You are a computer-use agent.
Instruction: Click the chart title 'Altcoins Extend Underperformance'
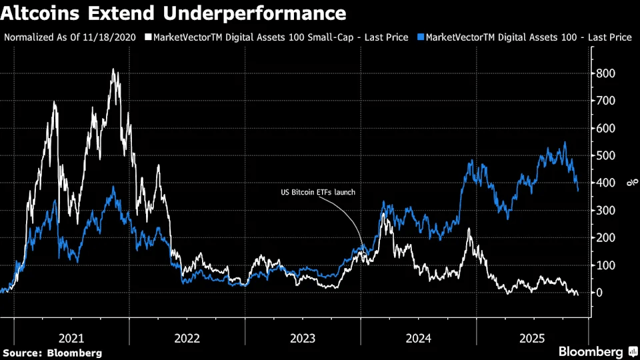175,13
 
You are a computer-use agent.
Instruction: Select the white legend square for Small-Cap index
149,37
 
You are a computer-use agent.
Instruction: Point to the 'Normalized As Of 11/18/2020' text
70,37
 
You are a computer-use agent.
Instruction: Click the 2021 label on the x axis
71,338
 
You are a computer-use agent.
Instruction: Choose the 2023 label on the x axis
303,338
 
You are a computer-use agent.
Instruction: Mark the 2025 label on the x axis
533,338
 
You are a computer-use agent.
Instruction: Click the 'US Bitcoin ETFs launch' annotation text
317,193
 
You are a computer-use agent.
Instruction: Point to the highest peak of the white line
114,69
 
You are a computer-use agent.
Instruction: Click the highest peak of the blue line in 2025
565,142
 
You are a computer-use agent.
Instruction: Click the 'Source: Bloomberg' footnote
53,352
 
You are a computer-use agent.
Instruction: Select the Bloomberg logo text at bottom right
591,351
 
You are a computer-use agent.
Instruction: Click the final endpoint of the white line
577,295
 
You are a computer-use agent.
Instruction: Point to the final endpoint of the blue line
578,191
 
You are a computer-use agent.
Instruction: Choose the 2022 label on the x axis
187,338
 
